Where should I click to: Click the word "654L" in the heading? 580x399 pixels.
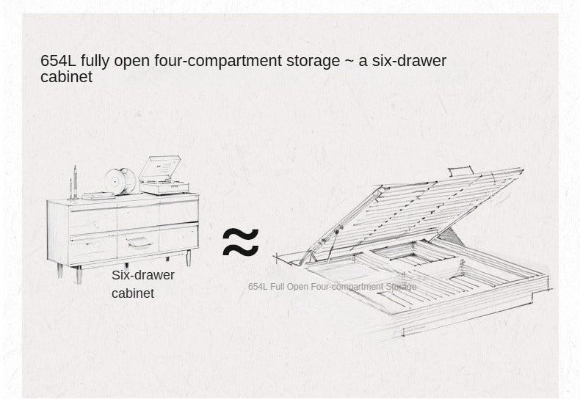pyautogui.click(x=58, y=61)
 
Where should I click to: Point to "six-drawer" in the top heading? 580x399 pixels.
pyautogui.click(x=409, y=61)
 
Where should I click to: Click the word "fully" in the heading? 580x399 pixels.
pyautogui.click(x=95, y=62)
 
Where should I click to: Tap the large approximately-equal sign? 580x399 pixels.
pyautogui.click(x=241, y=242)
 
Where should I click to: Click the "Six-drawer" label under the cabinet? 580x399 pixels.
pyautogui.click(x=142, y=275)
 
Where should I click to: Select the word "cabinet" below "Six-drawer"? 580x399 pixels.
pyautogui.click(x=133, y=293)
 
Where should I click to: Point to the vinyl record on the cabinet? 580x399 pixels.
pyautogui.click(x=120, y=181)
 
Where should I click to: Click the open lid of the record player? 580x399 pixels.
pyautogui.click(x=160, y=166)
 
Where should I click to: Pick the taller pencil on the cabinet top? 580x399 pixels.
pyautogui.click(x=75, y=182)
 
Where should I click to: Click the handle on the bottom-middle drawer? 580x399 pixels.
pyautogui.click(x=139, y=242)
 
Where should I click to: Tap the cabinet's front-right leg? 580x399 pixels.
pyautogui.click(x=188, y=258)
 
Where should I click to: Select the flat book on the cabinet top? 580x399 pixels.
pyautogui.click(x=98, y=196)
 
